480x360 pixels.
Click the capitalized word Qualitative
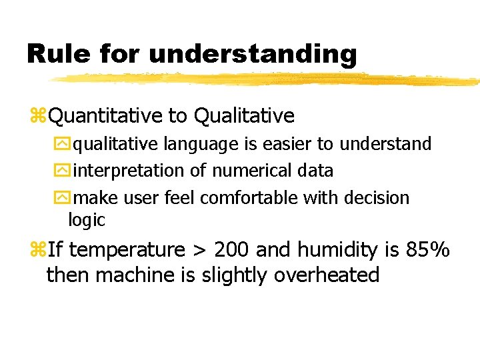(x=243, y=116)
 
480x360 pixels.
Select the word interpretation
(x=130, y=171)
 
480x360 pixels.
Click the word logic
(x=87, y=220)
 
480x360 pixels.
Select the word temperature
(x=127, y=251)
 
